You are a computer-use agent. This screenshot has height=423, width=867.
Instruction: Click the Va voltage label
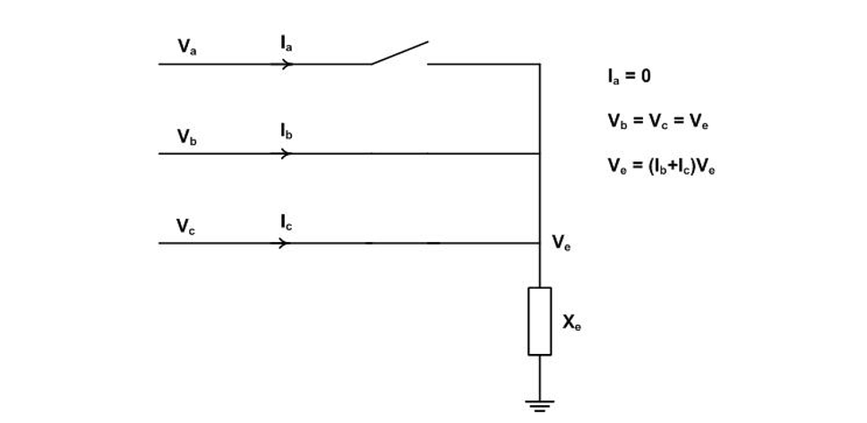(187, 47)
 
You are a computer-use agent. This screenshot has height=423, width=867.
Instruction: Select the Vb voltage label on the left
(186, 137)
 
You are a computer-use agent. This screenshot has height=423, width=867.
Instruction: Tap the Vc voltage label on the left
(185, 227)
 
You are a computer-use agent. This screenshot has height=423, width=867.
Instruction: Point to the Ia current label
(286, 42)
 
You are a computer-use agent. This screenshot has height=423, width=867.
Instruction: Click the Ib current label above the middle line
(286, 132)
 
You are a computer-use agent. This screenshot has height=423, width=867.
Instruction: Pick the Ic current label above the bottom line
(286, 221)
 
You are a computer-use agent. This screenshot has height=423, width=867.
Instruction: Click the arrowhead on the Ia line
(287, 64)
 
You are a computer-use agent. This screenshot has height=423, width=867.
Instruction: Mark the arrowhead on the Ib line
(287, 153)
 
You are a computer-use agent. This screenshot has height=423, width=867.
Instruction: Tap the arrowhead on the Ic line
(287, 243)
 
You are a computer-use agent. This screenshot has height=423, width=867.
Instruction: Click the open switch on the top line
(400, 54)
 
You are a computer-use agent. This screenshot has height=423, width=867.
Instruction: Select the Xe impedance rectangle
(539, 321)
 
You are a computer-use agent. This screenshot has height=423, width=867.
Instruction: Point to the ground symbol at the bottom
(539, 406)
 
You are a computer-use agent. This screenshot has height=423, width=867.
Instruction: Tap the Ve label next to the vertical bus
(562, 243)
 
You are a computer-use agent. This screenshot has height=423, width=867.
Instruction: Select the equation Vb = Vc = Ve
(658, 121)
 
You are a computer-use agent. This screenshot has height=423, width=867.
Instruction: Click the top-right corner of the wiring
(539, 64)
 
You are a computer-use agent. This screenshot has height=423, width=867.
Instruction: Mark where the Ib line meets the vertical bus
(539, 153)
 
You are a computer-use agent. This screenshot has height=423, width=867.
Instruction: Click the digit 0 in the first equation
(646, 76)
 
